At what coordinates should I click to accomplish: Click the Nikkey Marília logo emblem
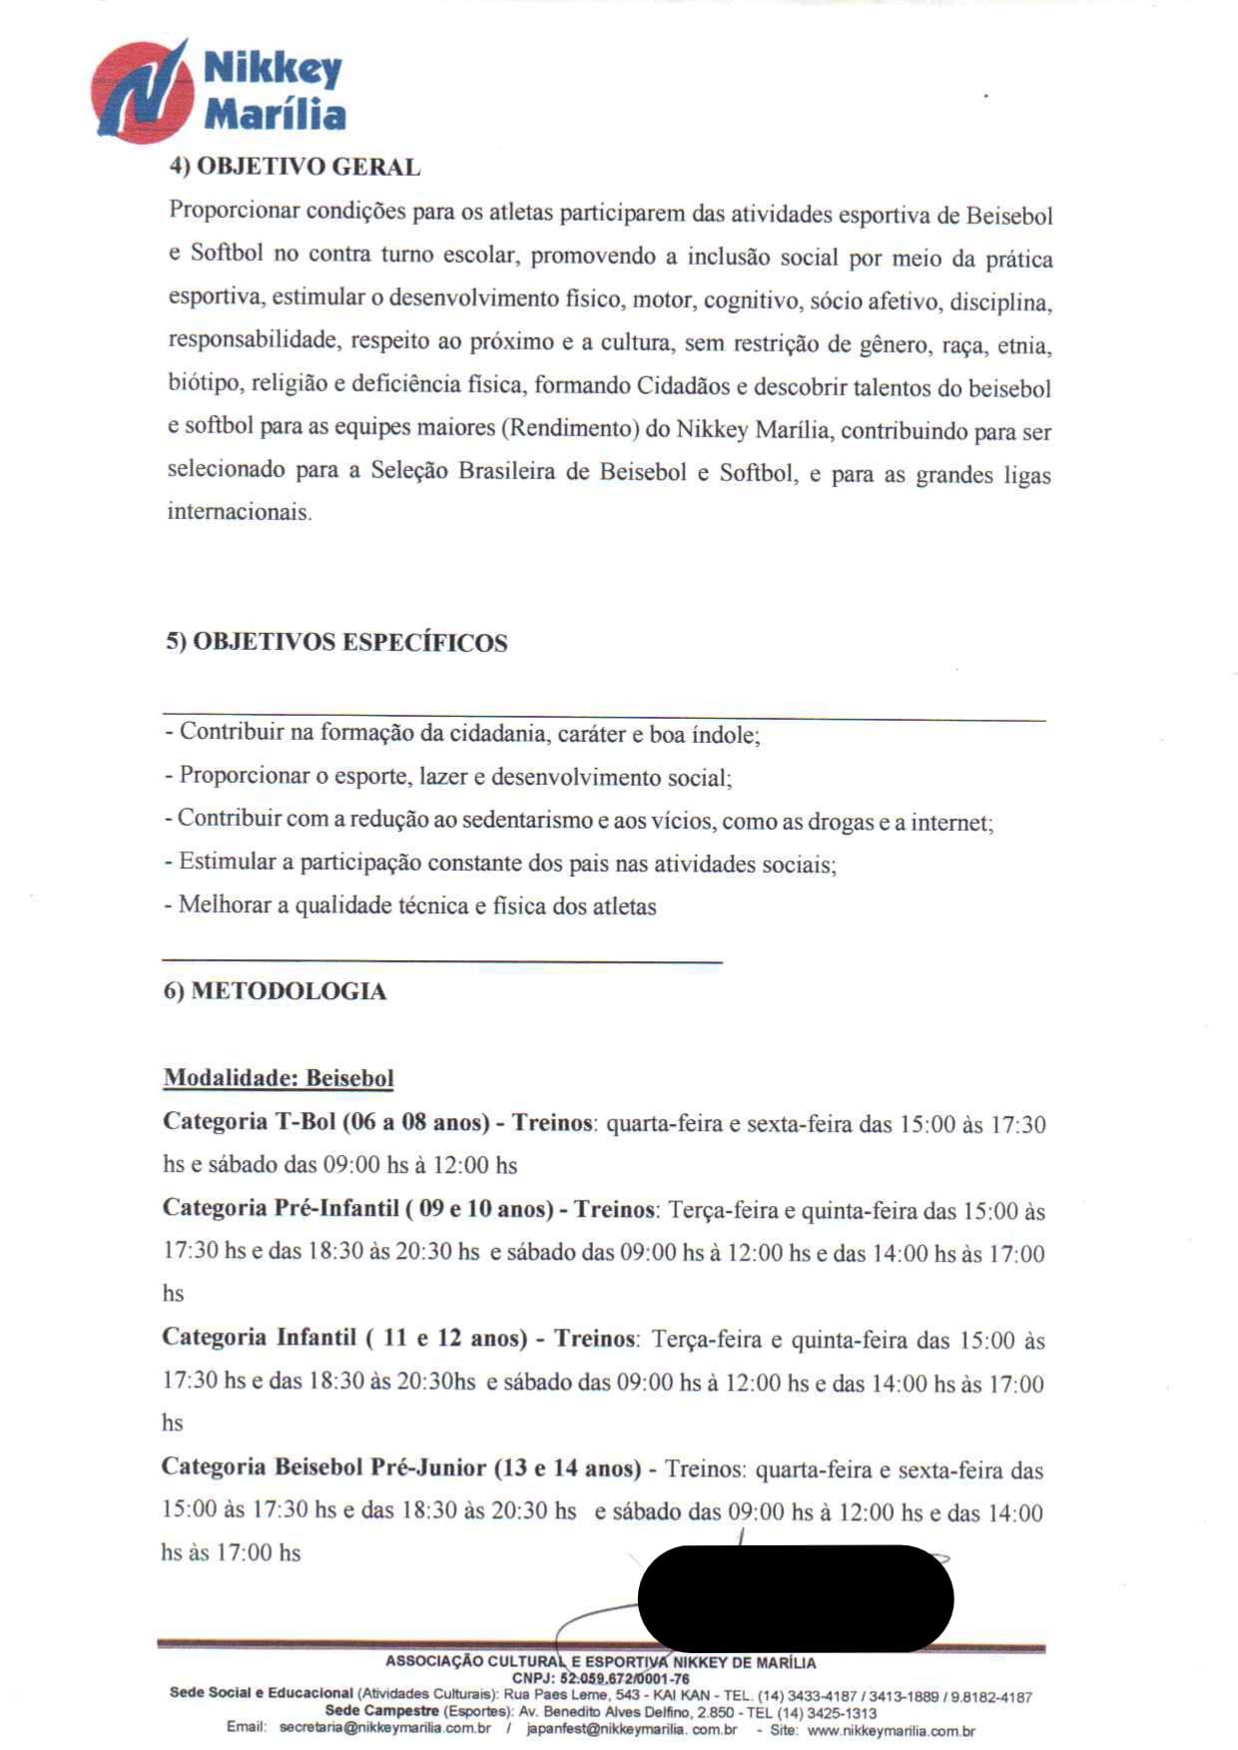(142, 92)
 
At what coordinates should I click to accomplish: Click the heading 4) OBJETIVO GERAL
(295, 167)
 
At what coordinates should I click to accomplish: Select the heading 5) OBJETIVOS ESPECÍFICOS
(336, 642)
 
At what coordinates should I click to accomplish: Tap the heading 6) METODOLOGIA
(275, 991)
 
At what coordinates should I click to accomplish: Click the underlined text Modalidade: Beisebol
(279, 1078)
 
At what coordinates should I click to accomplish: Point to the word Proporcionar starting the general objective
(234, 211)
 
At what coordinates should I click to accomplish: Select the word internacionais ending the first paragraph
(239, 512)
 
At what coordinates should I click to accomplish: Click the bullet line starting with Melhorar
(410, 906)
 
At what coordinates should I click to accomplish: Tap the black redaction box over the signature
(795, 1597)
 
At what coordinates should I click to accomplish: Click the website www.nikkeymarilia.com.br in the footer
(891, 1730)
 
